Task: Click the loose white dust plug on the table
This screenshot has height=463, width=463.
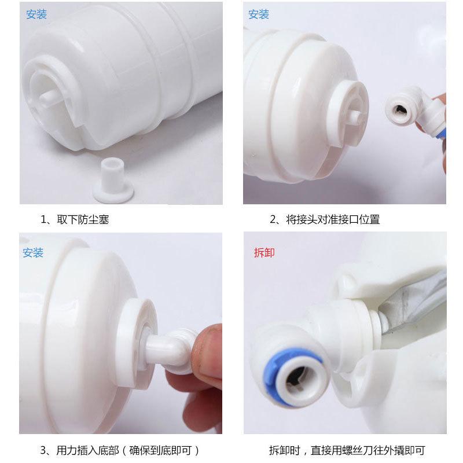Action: click(x=113, y=181)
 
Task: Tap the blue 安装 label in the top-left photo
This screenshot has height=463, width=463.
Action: click(x=36, y=14)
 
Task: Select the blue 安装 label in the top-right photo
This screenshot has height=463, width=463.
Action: click(x=259, y=14)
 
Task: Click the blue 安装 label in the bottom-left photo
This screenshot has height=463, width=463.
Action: click(x=33, y=253)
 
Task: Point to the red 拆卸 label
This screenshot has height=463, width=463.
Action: click(x=264, y=253)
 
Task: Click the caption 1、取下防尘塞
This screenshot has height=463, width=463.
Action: click(x=75, y=220)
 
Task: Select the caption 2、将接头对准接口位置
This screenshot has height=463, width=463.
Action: click(x=325, y=220)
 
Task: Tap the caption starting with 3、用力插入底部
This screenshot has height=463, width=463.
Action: click(x=120, y=451)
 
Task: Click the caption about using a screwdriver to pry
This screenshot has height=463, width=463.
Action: click(x=347, y=451)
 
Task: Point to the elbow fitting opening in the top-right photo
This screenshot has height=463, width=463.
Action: click(x=400, y=110)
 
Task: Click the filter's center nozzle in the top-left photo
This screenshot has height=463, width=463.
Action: click(x=49, y=97)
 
